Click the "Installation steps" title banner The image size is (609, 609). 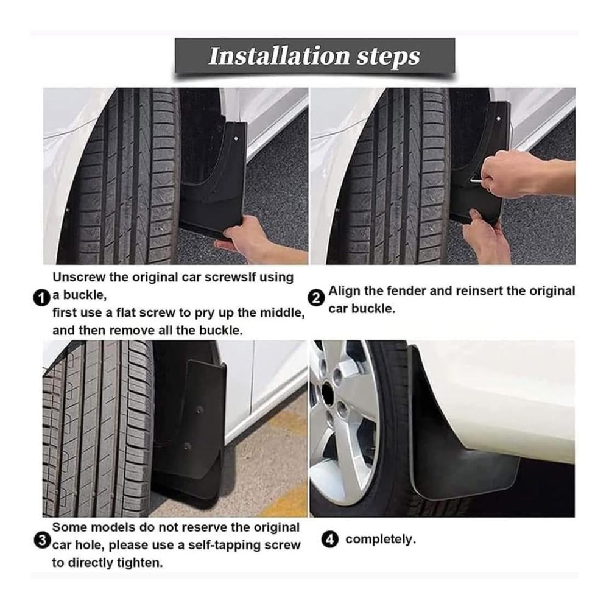[x=315, y=55]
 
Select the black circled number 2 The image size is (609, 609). [x=316, y=298]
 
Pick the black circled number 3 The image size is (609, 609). [x=42, y=540]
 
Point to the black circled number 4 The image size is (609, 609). [x=329, y=540]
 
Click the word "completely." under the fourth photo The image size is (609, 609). [x=381, y=540]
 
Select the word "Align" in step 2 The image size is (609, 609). [x=343, y=291]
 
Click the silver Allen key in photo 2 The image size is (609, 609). [x=476, y=181]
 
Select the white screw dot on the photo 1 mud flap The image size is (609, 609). [x=236, y=139]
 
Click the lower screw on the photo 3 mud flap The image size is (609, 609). [x=187, y=446]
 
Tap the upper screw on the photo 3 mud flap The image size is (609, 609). [x=199, y=410]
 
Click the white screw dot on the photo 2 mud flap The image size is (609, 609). [x=498, y=119]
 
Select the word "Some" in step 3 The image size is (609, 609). [x=69, y=527]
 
